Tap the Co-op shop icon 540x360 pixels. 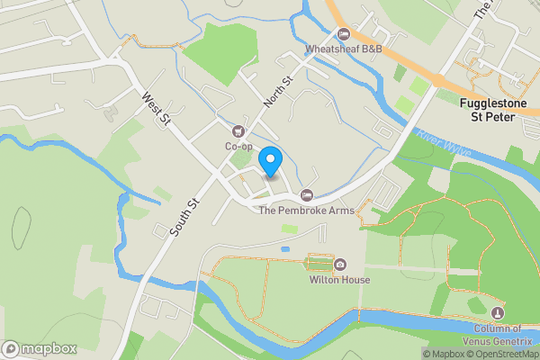pyautogui.click(x=238, y=131)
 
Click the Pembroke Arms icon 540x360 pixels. pyautogui.click(x=307, y=195)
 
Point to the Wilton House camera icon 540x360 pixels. pyautogui.click(x=340, y=265)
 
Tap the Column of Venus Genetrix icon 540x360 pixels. pyautogui.click(x=499, y=311)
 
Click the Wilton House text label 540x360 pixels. pyautogui.click(x=340, y=280)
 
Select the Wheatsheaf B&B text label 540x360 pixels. pyautogui.click(x=344, y=49)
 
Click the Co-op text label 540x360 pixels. pyautogui.click(x=238, y=146)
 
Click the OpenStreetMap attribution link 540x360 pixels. pyautogui.click(x=501, y=354)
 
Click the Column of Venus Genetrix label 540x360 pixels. pyautogui.click(x=500, y=332)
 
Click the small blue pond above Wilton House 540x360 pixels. pyautogui.click(x=285, y=247)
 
